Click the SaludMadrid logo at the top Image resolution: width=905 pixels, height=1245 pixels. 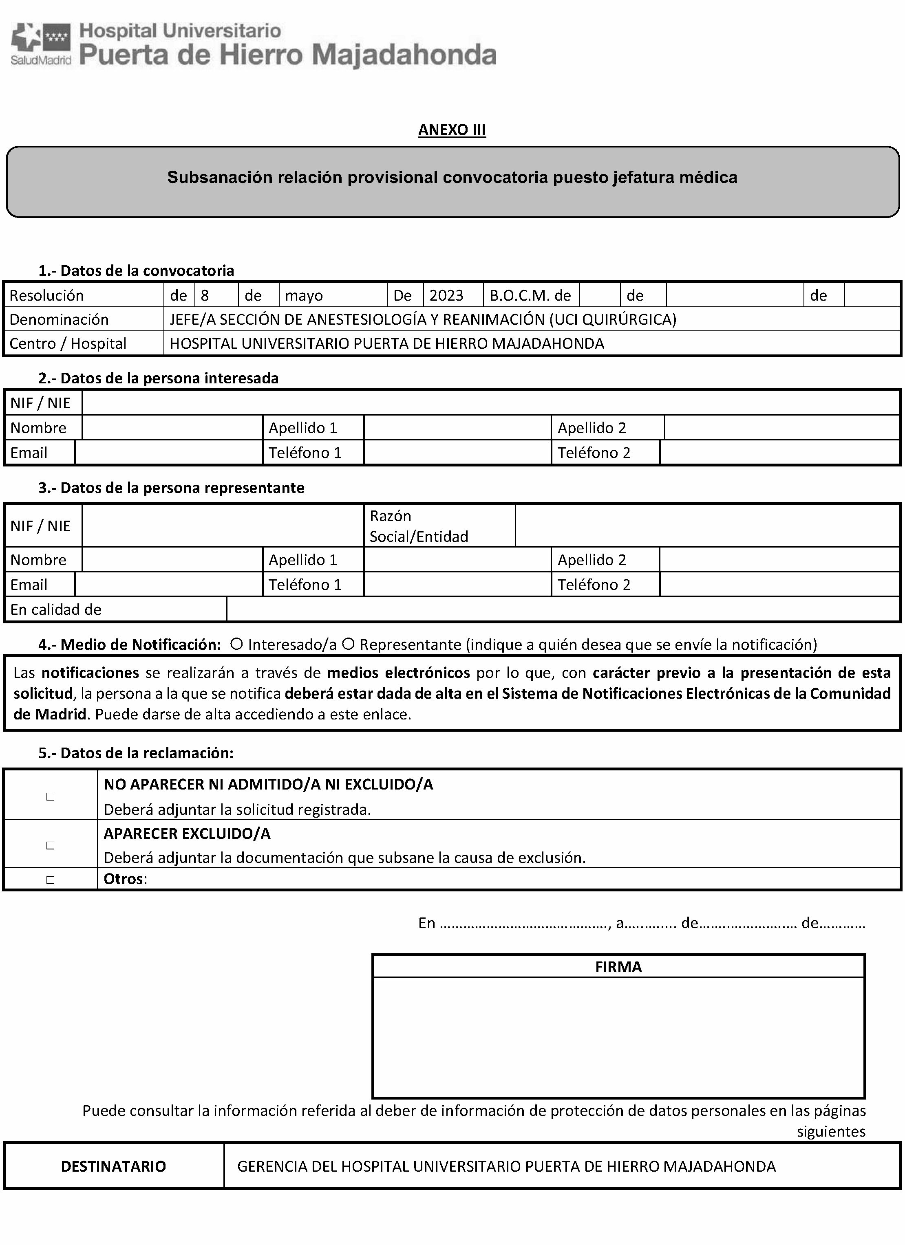tap(41, 44)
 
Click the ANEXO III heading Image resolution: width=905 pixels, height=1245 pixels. tap(452, 130)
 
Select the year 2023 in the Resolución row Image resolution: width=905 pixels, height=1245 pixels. tap(446, 295)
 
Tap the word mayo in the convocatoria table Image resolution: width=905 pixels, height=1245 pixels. tap(304, 295)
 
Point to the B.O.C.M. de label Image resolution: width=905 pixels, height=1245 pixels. tap(530, 295)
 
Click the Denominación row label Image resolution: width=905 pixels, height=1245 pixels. tap(59, 319)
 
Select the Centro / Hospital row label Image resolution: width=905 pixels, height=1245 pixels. tap(68, 343)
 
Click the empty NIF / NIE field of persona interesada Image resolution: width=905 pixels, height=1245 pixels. tap(490, 403)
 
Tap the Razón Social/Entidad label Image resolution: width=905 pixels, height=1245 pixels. tap(418, 526)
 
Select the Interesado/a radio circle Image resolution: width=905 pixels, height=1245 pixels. tap(237, 644)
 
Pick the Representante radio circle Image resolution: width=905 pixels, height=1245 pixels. tap(348, 644)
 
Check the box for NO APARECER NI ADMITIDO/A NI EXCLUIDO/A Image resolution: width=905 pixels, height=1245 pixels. tap(51, 796)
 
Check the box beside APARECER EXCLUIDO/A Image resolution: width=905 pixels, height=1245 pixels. tap(51, 845)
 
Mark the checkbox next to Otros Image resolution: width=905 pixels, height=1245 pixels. tap(51, 880)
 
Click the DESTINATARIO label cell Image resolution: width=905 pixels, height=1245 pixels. tap(113, 1166)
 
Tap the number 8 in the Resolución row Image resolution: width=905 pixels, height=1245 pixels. tap(205, 295)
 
